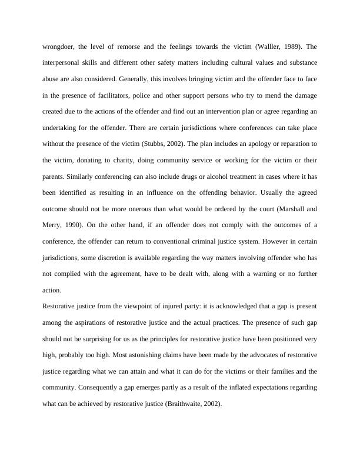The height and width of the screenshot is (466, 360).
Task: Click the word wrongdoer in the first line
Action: (58, 47)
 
